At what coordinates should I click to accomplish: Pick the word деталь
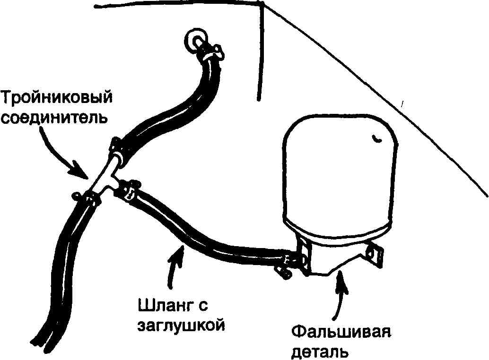tap(320, 351)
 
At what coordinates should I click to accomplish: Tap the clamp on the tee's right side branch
tap(129, 189)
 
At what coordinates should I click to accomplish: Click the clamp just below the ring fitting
tap(210, 51)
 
